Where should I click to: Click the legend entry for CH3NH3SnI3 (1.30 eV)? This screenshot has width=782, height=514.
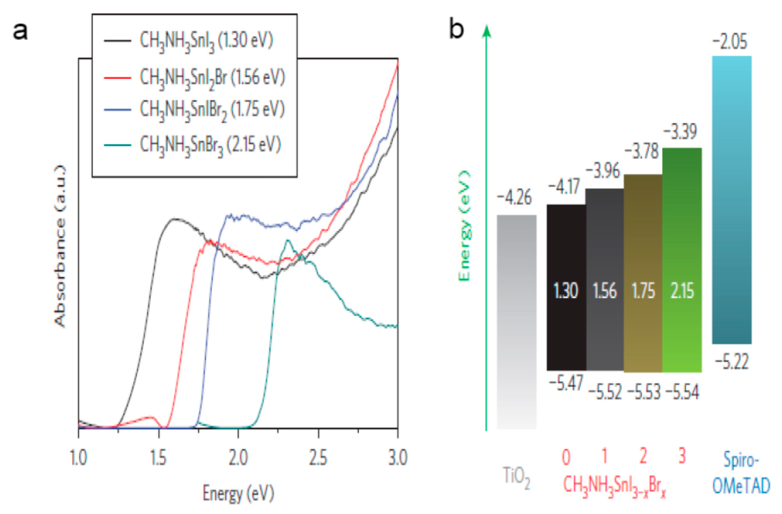(x=206, y=41)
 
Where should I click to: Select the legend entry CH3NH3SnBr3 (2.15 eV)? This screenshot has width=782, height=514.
(x=210, y=145)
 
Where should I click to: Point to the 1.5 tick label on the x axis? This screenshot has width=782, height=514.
(x=159, y=457)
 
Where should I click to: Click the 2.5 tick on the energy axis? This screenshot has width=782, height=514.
(x=318, y=457)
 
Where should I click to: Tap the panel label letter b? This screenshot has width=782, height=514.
(x=456, y=30)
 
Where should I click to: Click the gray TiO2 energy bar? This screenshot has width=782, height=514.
(x=517, y=322)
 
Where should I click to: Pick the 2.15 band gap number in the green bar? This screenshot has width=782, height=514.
(x=682, y=291)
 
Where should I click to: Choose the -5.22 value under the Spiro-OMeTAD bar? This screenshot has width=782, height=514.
(x=732, y=362)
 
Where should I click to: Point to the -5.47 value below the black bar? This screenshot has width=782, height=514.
(x=566, y=383)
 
